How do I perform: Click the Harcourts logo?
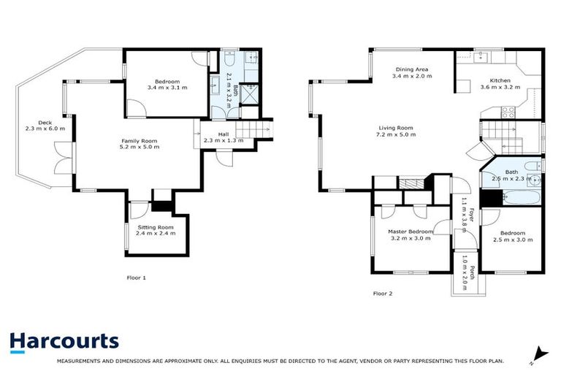point(64,341)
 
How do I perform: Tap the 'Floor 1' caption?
point(137,278)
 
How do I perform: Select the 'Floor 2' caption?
point(383,294)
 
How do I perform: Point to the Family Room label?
point(139,140)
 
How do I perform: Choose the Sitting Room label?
point(156,227)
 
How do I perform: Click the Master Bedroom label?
point(410,232)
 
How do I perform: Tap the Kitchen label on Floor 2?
point(500,80)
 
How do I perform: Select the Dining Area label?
point(411,70)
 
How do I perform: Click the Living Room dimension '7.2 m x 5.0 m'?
point(395,134)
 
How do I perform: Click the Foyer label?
point(471,214)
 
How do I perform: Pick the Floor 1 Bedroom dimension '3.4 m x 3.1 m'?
point(167,88)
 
